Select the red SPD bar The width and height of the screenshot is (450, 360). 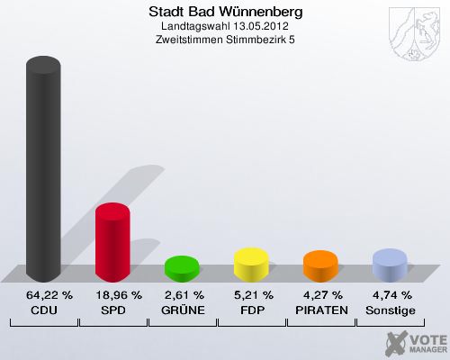click(x=112, y=241)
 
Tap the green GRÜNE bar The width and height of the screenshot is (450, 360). click(x=182, y=267)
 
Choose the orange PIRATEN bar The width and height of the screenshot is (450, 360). click(x=320, y=265)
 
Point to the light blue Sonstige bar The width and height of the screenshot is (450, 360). click(x=390, y=264)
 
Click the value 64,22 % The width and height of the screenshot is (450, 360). click(x=43, y=295)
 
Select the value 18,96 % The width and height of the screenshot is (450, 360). click(x=112, y=295)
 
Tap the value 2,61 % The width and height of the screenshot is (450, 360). click(x=182, y=295)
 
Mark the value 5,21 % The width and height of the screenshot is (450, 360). click(x=251, y=295)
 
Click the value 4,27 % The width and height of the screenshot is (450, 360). click(x=320, y=295)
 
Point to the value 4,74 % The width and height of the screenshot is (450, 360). click(x=390, y=295)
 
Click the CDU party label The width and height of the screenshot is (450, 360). click(x=43, y=310)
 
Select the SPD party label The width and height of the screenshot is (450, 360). click(x=112, y=310)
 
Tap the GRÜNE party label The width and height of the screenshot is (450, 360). click(x=182, y=310)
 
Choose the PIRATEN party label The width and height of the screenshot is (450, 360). click(x=320, y=310)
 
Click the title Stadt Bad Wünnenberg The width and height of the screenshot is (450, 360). click(x=224, y=13)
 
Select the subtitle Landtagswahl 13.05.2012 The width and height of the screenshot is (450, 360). click(x=224, y=27)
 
